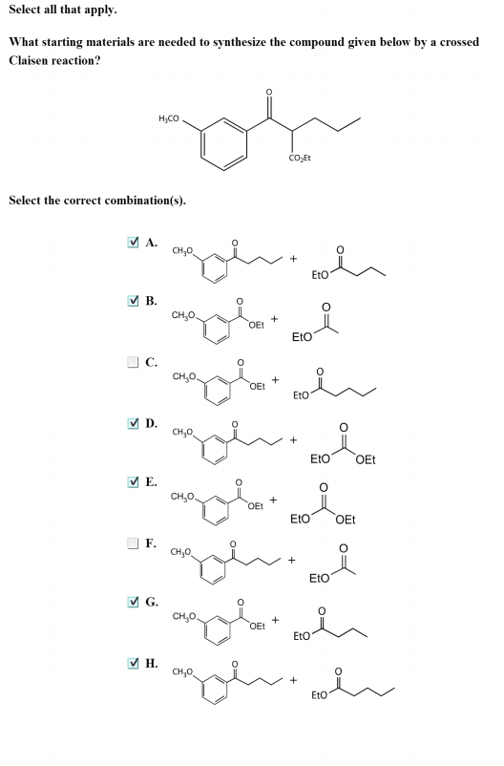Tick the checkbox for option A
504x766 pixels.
pos(133,242)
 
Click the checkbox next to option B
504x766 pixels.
pos(133,301)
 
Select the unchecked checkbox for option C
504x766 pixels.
pos(133,362)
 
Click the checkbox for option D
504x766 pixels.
pos(133,423)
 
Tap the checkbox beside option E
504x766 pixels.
pos(133,481)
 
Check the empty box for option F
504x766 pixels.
pos(133,543)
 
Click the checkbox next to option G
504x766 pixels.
pos(133,602)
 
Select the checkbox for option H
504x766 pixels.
pos(133,663)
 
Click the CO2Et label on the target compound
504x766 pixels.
pos(300,159)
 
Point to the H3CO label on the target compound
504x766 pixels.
pos(169,118)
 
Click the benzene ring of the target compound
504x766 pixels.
pos(223,144)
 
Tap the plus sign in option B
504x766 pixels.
pos(275,318)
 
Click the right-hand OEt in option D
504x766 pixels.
pos(366,459)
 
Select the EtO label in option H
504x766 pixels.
pos(319,694)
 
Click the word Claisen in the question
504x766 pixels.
pos(30,60)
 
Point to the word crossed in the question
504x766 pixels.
pos(459,42)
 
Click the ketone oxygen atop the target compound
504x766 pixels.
pos(268,92)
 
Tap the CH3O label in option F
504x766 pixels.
pos(180,552)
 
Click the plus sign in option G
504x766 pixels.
pos(276,620)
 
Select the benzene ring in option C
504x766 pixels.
pos(218,392)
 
